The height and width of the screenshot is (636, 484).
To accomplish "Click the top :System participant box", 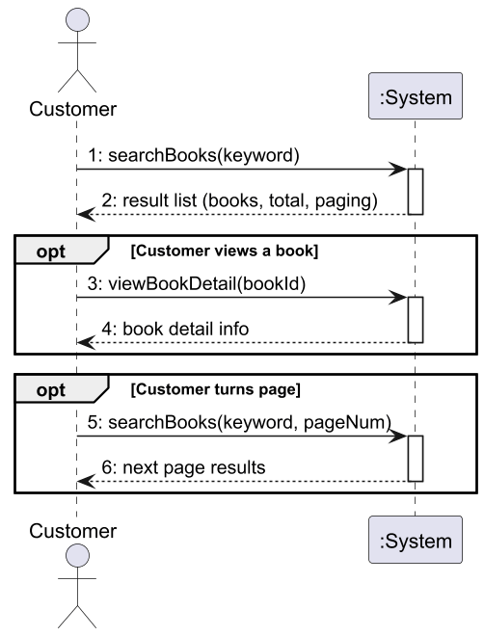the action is click(x=415, y=96).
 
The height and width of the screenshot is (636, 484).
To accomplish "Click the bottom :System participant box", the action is click(x=415, y=540).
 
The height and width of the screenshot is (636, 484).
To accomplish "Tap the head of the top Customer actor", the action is click(x=77, y=20).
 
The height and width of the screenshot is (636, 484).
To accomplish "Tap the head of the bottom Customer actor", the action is click(x=77, y=556).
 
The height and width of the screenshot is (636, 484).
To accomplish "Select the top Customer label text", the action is click(x=73, y=109).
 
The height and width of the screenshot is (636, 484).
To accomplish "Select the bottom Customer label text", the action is click(x=73, y=531).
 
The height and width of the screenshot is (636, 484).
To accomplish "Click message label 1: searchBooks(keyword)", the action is click(x=194, y=155).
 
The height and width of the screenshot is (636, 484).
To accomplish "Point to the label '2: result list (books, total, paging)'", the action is click(x=239, y=200).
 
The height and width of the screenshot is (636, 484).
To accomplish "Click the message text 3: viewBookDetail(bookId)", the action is click(x=197, y=284).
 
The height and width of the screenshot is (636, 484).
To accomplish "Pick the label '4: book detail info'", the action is click(x=175, y=329).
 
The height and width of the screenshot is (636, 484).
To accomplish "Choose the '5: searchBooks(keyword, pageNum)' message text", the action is click(x=239, y=422).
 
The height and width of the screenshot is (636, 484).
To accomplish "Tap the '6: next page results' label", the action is click(x=183, y=467).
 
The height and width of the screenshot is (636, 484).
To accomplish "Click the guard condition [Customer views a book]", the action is click(x=225, y=252).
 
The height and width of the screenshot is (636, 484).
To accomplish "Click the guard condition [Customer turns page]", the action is click(x=215, y=390).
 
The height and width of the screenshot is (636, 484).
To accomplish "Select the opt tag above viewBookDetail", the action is click(x=51, y=252).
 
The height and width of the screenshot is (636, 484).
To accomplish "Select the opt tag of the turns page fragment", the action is click(x=51, y=390).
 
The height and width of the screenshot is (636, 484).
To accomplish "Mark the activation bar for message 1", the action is click(x=416, y=192).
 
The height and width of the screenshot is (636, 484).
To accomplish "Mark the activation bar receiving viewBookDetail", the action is click(x=416, y=320).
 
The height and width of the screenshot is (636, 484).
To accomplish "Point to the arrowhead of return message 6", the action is click(x=86, y=482).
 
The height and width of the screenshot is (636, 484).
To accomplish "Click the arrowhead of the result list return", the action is click(x=86, y=214).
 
